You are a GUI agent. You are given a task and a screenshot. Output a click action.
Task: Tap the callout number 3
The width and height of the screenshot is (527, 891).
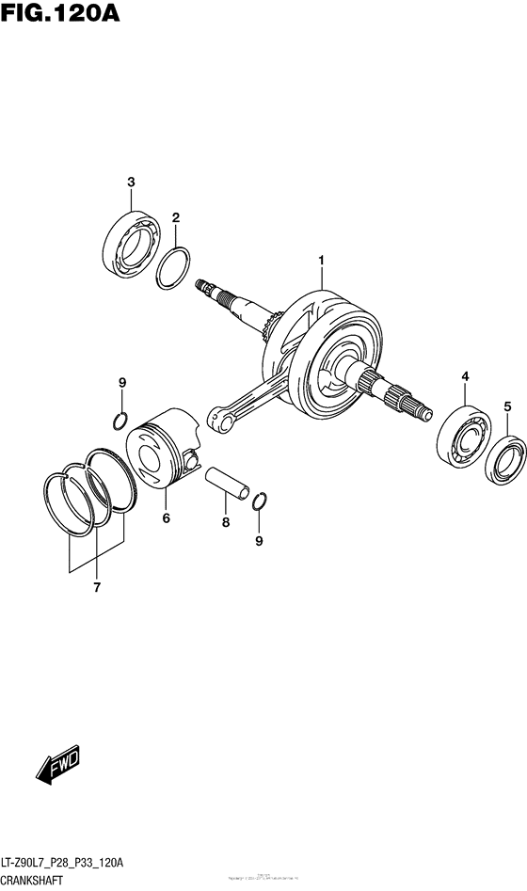coord(132,182)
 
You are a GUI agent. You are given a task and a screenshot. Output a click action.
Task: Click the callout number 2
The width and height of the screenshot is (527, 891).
coord(175,218)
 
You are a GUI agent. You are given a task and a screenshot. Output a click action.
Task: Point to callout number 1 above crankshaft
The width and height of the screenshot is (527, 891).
coord(321,260)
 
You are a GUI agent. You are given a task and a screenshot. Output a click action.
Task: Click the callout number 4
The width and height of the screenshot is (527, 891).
coord(464,377)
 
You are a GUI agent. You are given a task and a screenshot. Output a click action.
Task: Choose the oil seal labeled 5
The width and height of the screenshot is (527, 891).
coord(507,461)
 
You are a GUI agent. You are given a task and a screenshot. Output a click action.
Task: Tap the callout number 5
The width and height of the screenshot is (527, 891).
coord(506,406)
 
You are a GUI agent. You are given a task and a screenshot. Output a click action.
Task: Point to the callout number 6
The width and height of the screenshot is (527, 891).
coord(166,518)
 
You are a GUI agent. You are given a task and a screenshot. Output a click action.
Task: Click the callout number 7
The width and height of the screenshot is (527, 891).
coord(95,588)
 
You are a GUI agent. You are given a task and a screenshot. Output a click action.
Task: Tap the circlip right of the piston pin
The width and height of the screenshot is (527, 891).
coord(263,501)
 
